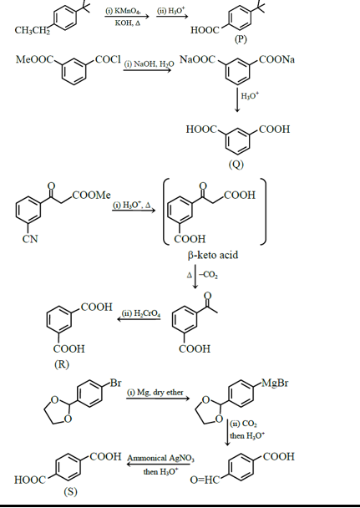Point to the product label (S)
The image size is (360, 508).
(70, 491)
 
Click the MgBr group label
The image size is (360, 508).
(276, 384)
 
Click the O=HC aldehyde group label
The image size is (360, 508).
(206, 481)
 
